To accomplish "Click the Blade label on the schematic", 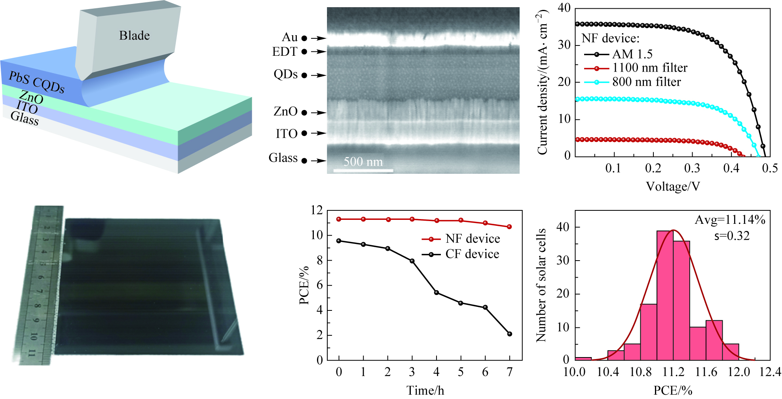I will [x=134, y=36].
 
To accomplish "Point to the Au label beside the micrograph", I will [x=289, y=37].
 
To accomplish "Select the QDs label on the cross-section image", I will [x=285, y=74].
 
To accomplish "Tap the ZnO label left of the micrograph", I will [x=285, y=112].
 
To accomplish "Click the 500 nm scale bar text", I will [x=363, y=162].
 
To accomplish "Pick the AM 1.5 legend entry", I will [x=632, y=54].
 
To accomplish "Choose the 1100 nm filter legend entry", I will [x=649, y=68].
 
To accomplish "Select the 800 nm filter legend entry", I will [x=646, y=82].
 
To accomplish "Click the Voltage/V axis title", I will [x=673, y=186].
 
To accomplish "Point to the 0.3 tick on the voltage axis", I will [x=692, y=168].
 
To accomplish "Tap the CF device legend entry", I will [x=472, y=254].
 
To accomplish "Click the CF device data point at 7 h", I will [x=509, y=334].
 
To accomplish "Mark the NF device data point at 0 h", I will [x=339, y=219].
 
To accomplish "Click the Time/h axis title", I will [x=425, y=391].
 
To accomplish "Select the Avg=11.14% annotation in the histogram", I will [x=730, y=219].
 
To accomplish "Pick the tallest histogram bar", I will [x=665, y=295].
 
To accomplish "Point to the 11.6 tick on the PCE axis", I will [x=706, y=372].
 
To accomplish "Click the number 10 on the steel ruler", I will [x=34, y=337].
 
